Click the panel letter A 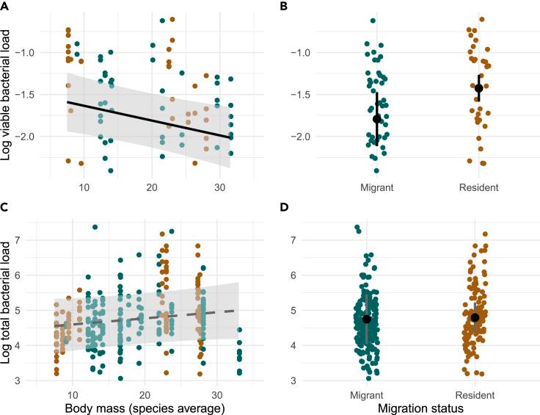5,6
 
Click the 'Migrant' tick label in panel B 376,188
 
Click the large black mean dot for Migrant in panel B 377,119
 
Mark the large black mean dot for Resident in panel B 478,88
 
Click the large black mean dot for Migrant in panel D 367,319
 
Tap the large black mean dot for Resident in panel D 475,317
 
